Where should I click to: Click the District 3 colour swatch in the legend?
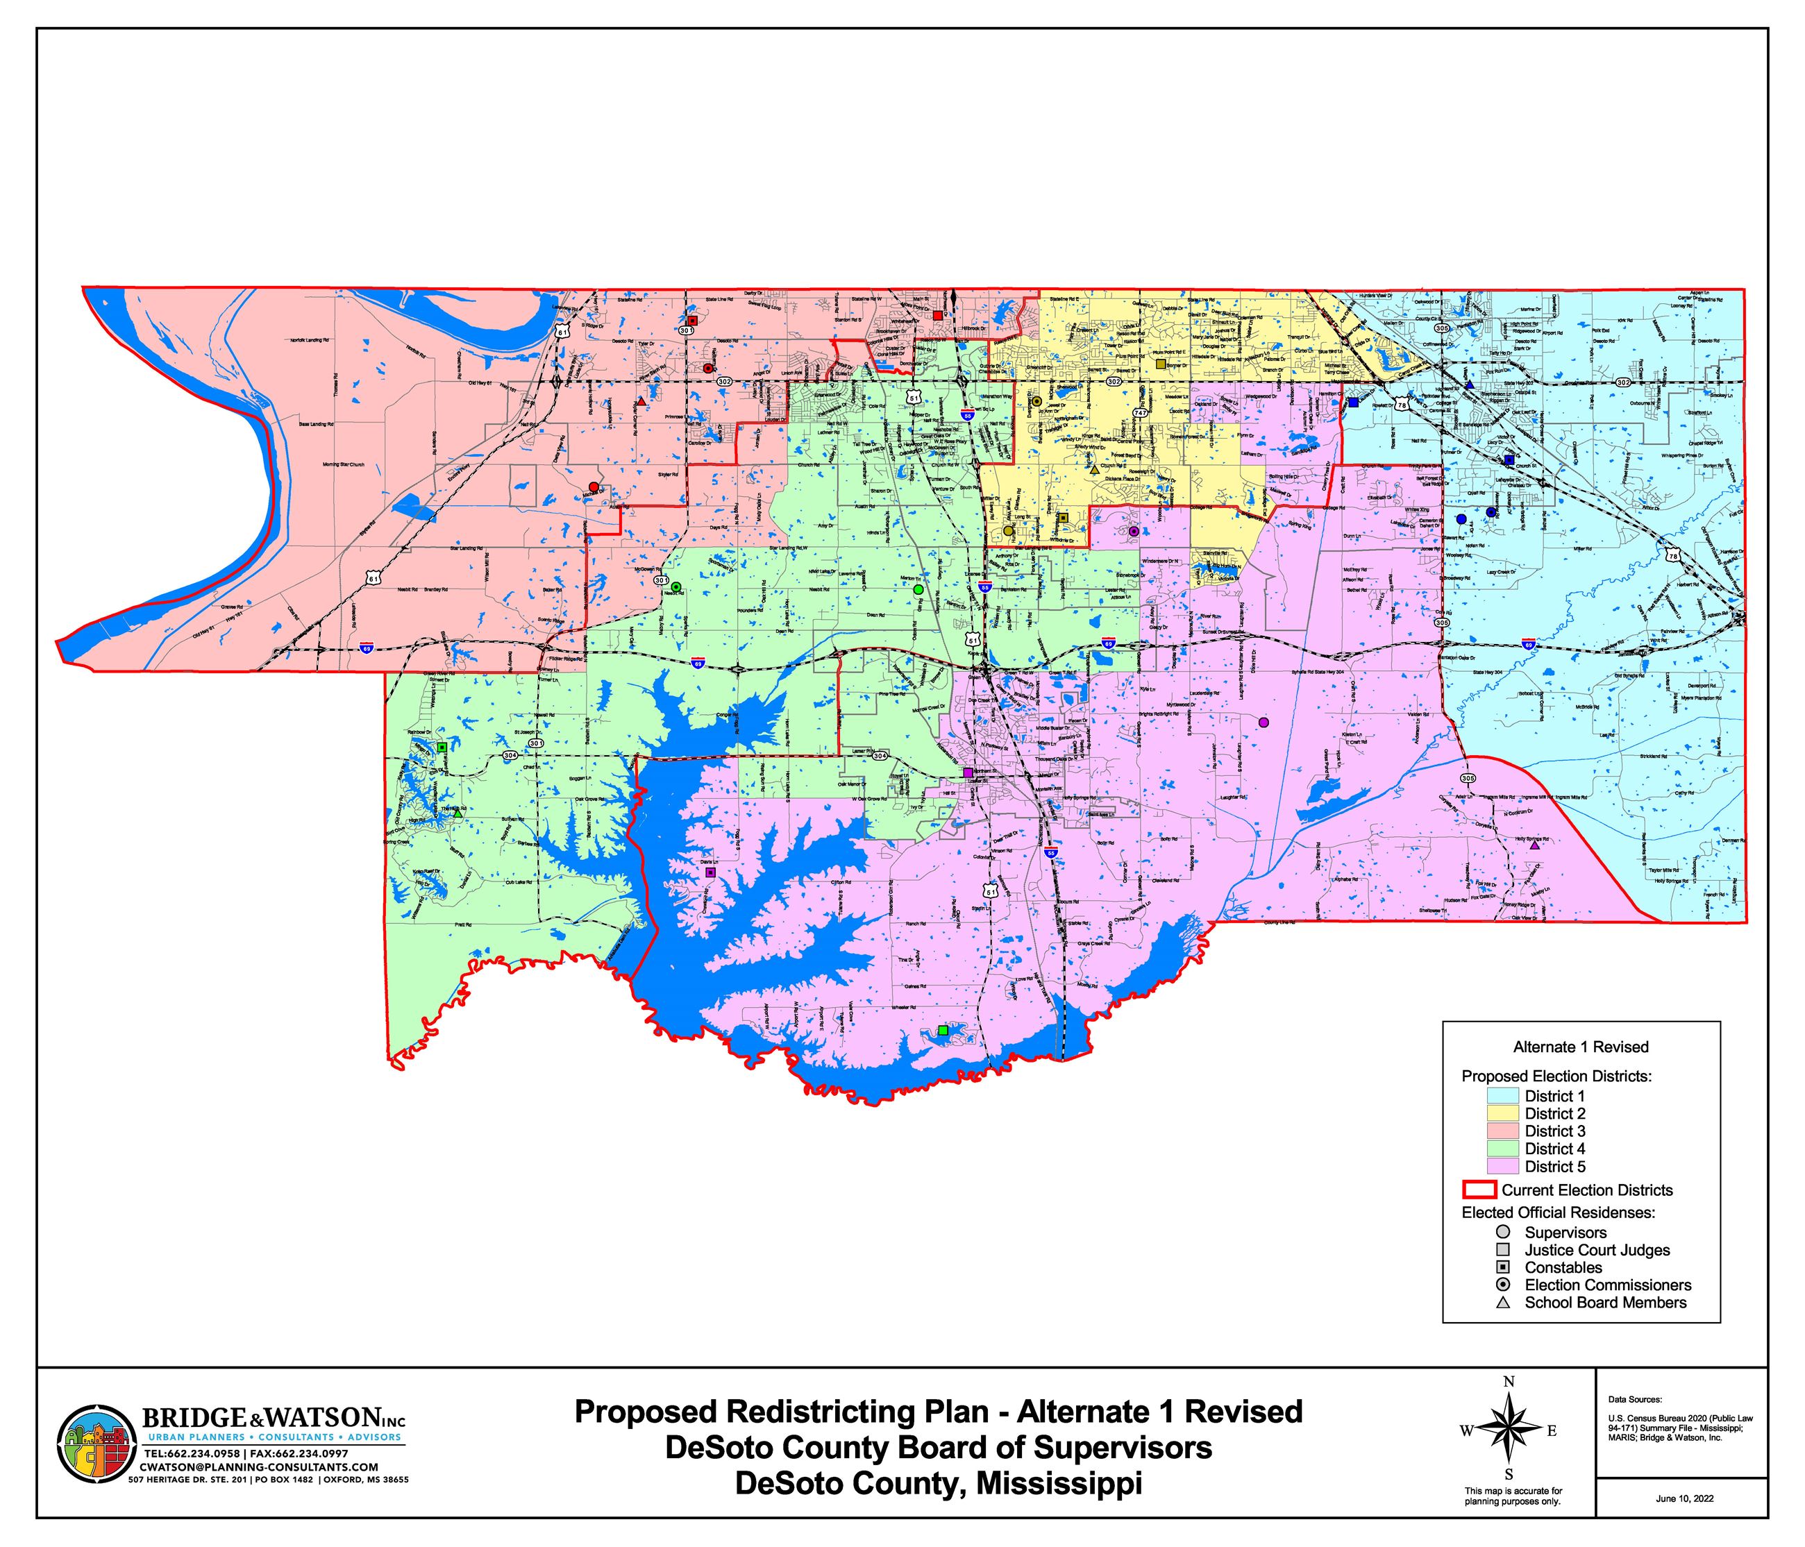tap(1504, 1131)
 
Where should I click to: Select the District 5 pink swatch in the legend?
tap(1504, 1167)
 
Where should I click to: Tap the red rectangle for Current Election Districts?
tap(1478, 1190)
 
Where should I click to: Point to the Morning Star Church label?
tap(343, 464)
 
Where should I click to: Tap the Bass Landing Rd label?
tap(317, 424)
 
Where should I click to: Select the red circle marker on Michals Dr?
tap(594, 487)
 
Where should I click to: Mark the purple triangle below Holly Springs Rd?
tap(1534, 845)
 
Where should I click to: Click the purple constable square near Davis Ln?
tap(710, 871)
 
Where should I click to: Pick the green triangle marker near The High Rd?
tap(457, 813)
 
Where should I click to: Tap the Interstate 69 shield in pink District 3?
tap(369, 649)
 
